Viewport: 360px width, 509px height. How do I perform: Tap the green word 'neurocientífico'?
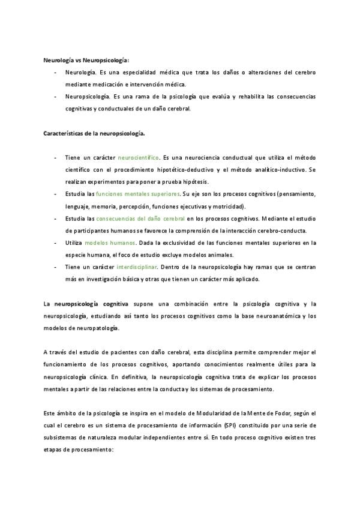click(139, 157)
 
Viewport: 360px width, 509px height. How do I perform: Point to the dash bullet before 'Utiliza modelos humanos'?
click(54, 244)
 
